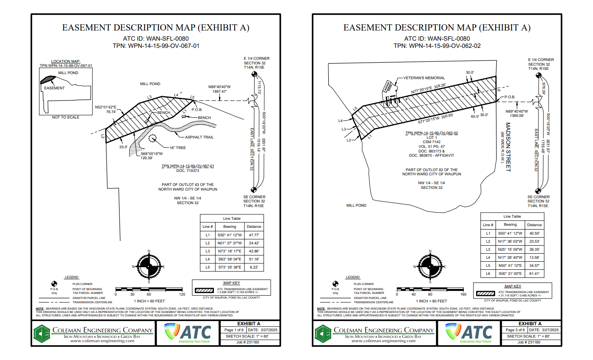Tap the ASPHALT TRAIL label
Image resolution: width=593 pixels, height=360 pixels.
click(x=199, y=137)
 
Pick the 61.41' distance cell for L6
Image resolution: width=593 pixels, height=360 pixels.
click(x=535, y=274)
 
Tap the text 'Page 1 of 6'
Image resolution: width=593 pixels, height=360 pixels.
click(x=234, y=330)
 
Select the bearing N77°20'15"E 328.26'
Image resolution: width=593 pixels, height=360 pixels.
click(x=429, y=88)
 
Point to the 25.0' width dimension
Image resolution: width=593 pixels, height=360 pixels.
click(x=123, y=147)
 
